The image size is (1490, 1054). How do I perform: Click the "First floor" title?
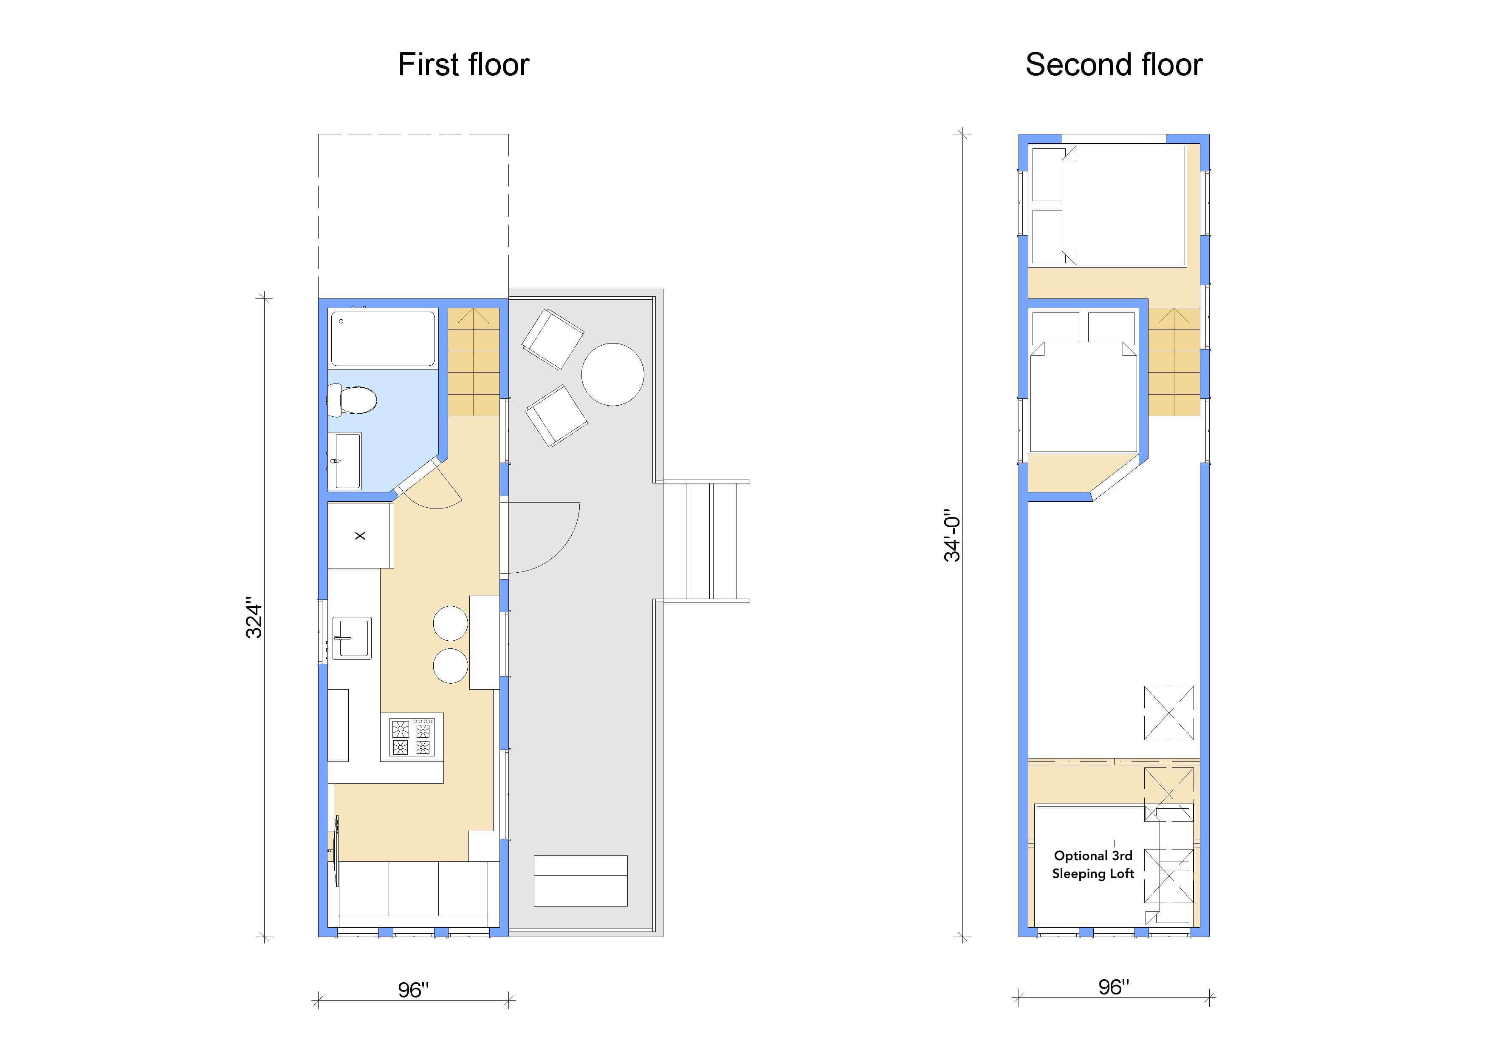[x=463, y=65]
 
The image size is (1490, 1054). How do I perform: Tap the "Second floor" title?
[x=1114, y=65]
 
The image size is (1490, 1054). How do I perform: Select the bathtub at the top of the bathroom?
[x=383, y=339]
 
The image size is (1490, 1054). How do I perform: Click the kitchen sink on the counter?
[x=352, y=638]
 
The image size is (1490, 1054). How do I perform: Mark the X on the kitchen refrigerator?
[x=360, y=536]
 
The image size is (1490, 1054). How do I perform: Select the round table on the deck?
[x=612, y=375]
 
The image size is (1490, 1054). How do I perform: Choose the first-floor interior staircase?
[x=474, y=362]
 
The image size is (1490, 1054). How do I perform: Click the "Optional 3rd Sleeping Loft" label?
[x=1093, y=864]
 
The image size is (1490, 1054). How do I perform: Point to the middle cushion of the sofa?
[x=413, y=889]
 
